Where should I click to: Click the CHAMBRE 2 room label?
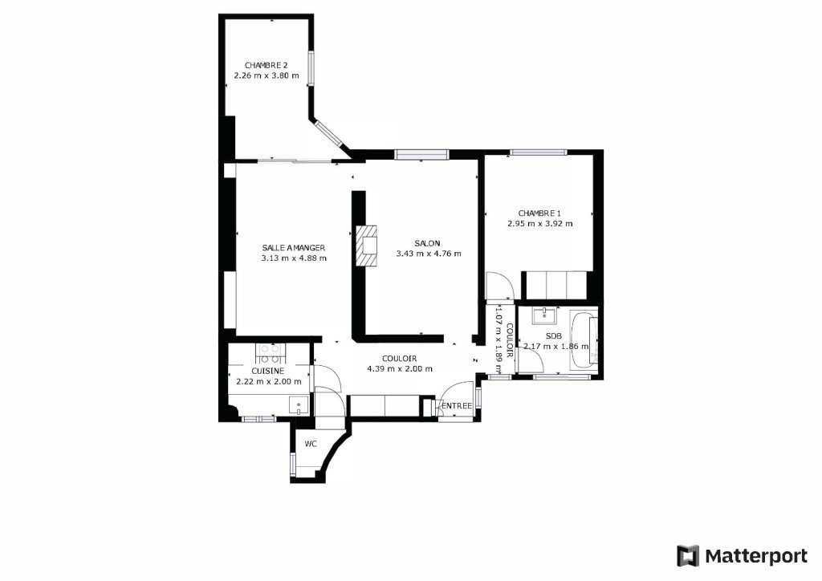tap(267, 66)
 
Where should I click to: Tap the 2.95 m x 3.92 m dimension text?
tap(540, 224)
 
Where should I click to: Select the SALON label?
tap(427, 243)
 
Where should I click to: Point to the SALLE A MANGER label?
tap(294, 248)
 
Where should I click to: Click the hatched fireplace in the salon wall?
tap(366, 246)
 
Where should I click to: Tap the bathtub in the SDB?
tap(583, 340)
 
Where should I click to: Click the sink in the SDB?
tap(545, 315)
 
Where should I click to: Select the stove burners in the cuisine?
tap(270, 354)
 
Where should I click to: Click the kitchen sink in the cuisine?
tap(299, 405)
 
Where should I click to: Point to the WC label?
tap(311, 445)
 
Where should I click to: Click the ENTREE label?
tap(457, 406)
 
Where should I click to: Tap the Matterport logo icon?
tap(688, 556)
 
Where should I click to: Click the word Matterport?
tap(756, 556)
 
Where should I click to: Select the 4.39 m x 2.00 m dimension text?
tap(400, 368)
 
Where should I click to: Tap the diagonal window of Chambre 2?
tap(330, 134)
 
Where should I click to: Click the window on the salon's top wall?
tap(422, 154)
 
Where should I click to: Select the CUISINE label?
tap(267, 371)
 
